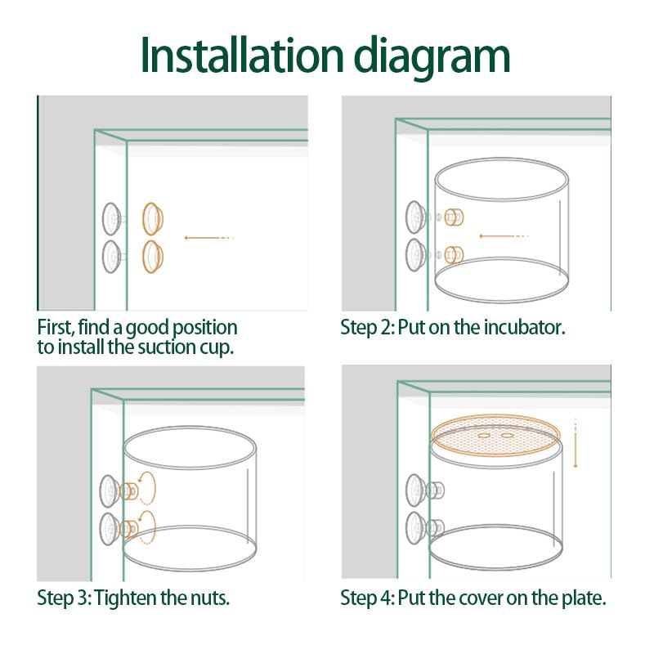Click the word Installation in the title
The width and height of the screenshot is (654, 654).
tap(242, 55)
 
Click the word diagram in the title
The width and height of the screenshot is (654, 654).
tap(432, 57)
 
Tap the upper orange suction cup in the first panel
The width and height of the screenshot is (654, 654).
tap(153, 219)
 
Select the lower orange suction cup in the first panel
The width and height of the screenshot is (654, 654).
tap(153, 257)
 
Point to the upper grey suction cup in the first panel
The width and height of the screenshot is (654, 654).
tap(112, 219)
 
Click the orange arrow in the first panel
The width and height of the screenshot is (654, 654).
tap(208, 238)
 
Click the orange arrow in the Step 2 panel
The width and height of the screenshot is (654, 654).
tap(504, 236)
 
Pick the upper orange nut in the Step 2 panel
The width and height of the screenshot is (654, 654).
tap(454, 217)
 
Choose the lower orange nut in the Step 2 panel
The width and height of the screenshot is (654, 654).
tap(454, 255)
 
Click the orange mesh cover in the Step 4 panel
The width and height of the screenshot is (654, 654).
tap(495, 436)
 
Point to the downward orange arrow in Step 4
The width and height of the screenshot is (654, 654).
tap(576, 443)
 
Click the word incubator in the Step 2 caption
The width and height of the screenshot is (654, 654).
tap(524, 327)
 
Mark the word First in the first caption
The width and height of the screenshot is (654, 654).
tap(56, 328)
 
